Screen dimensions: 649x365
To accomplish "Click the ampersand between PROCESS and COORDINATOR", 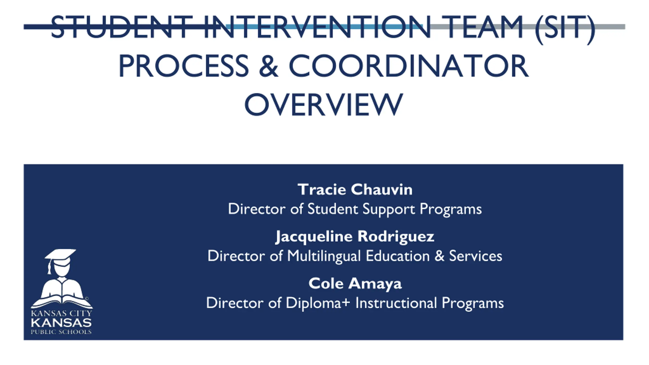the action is click(x=268, y=66).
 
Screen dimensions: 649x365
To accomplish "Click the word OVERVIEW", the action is click(x=324, y=104).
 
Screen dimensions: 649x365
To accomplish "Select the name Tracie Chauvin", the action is click(x=355, y=189).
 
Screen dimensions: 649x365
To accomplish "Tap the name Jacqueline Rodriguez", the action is click(x=355, y=237).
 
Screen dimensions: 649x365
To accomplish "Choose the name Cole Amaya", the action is click(x=355, y=284).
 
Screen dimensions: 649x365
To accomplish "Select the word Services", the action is click(x=475, y=256).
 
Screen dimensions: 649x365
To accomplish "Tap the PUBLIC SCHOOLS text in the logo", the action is click(x=61, y=332).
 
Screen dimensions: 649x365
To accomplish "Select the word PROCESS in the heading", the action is click(x=184, y=66).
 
